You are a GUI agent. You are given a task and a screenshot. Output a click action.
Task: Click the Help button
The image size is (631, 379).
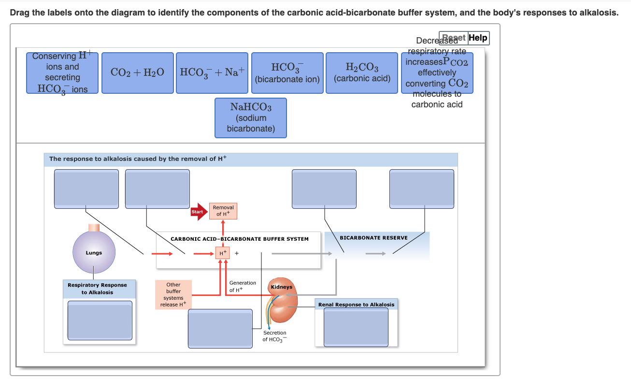(x=478, y=38)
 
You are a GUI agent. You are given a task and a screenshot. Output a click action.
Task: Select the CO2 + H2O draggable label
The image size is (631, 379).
(x=137, y=73)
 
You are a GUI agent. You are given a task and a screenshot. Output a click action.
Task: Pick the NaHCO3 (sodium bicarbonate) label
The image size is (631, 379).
(x=251, y=117)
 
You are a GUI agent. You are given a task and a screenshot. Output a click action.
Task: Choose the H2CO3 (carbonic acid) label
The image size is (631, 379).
(x=362, y=73)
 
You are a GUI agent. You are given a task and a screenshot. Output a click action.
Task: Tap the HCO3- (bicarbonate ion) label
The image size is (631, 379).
(x=287, y=73)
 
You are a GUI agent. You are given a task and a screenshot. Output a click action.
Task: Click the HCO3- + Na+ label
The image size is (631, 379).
(x=213, y=73)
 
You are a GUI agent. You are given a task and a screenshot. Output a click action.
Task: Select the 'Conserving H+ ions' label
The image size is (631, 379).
(x=62, y=73)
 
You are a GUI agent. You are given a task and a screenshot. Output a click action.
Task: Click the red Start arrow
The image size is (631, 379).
(x=198, y=212)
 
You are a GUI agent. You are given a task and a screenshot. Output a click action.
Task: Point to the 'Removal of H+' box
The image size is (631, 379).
(x=223, y=211)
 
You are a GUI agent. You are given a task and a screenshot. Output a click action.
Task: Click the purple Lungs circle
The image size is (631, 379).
(x=94, y=252)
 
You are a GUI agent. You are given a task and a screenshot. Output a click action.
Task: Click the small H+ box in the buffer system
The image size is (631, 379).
(x=222, y=253)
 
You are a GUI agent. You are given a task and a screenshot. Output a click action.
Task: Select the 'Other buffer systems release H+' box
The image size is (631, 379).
(x=173, y=294)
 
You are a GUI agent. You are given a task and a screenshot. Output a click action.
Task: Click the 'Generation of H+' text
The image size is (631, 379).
(x=243, y=286)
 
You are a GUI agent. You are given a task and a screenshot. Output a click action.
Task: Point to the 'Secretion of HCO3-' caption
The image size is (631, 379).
(x=274, y=336)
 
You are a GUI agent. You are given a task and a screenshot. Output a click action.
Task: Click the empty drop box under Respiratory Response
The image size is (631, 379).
(x=100, y=321)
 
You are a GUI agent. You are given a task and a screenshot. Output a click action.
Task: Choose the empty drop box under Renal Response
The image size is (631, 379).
(x=356, y=327)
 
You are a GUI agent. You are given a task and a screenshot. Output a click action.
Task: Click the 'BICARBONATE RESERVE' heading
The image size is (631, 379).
(x=373, y=238)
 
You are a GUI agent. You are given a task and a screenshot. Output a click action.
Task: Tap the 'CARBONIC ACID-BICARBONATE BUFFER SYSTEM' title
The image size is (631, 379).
(x=239, y=239)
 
